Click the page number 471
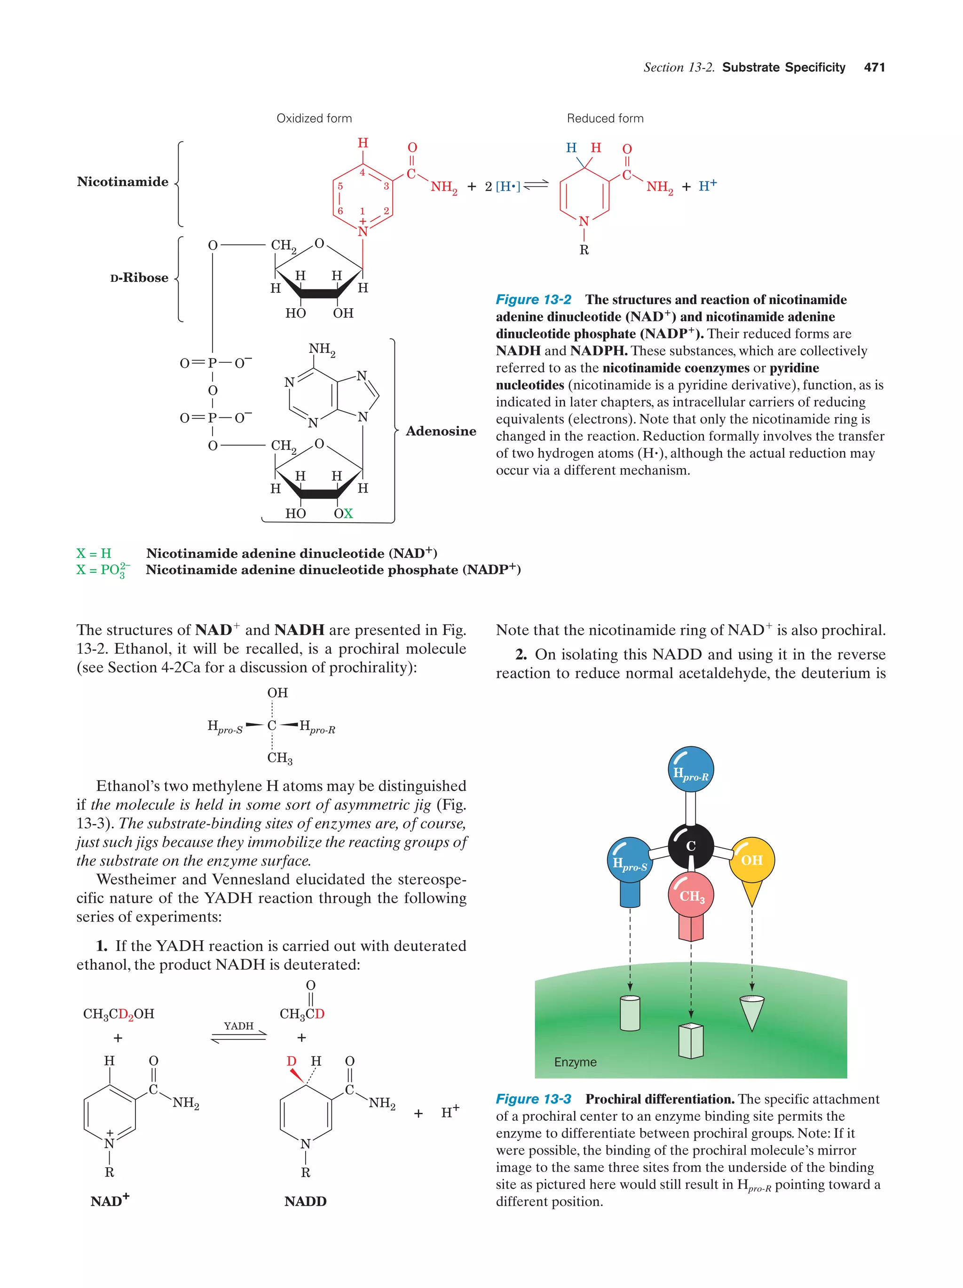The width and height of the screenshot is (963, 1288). [x=874, y=68]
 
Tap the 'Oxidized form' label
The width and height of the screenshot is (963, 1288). [x=314, y=118]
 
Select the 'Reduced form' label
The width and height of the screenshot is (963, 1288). [x=605, y=118]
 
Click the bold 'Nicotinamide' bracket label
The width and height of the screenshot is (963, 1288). [x=122, y=182]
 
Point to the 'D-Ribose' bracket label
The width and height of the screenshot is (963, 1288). [x=139, y=278]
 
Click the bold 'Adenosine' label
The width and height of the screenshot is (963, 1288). [x=441, y=431]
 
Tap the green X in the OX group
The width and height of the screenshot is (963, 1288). [x=348, y=514]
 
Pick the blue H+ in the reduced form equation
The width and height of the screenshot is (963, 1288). [x=707, y=186]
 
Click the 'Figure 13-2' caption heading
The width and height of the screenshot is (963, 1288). [x=533, y=299]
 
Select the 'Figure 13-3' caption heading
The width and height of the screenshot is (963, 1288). [x=533, y=1099]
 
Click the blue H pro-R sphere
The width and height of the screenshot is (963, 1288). [x=690, y=770]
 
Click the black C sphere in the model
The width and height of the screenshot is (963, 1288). [x=690, y=845]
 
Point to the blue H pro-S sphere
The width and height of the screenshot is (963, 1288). [x=630, y=860]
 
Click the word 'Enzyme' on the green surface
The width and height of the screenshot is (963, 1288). [x=575, y=1062]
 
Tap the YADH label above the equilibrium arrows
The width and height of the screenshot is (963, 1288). [x=238, y=1025]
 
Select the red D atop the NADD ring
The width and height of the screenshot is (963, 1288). [x=291, y=1061]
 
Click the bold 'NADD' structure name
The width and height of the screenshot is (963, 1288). [x=305, y=1201]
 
